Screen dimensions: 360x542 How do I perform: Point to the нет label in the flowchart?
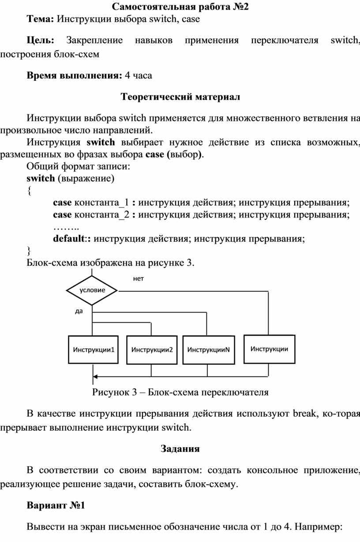(139, 279)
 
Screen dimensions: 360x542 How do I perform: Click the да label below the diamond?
(79, 311)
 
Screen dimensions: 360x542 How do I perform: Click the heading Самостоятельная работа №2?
(180, 7)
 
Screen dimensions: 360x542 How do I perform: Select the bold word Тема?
(40, 19)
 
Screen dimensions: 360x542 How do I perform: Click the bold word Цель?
(41, 40)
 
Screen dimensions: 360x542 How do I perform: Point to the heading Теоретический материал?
(180, 97)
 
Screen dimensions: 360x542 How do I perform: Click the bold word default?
(69, 239)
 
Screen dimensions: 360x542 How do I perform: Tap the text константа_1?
(101, 203)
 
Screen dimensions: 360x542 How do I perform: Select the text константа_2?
(101, 215)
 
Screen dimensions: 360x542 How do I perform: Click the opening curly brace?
(29, 191)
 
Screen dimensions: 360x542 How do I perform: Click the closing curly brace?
(29, 251)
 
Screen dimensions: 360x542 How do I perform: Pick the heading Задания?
(180, 448)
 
